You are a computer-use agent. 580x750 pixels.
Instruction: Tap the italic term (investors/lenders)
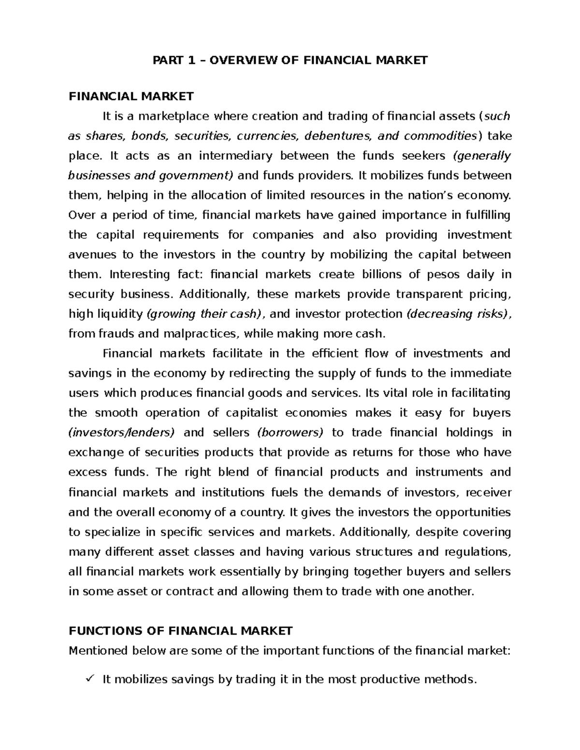point(122,433)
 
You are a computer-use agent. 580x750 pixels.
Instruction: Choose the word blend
point(233,472)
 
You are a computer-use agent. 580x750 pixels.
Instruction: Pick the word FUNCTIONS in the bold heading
point(99,631)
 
